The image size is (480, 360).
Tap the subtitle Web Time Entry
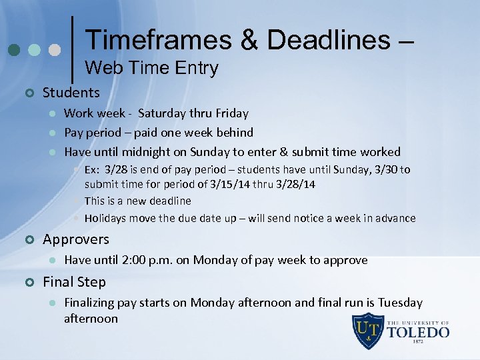152,68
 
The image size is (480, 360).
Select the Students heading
71,93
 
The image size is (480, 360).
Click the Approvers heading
76,239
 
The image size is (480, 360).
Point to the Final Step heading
74,281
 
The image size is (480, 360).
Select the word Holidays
106,218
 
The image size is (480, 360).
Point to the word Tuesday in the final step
400,303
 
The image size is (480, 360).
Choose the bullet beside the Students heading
28,93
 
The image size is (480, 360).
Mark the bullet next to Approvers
28,239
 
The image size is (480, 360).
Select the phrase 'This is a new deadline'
137,201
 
